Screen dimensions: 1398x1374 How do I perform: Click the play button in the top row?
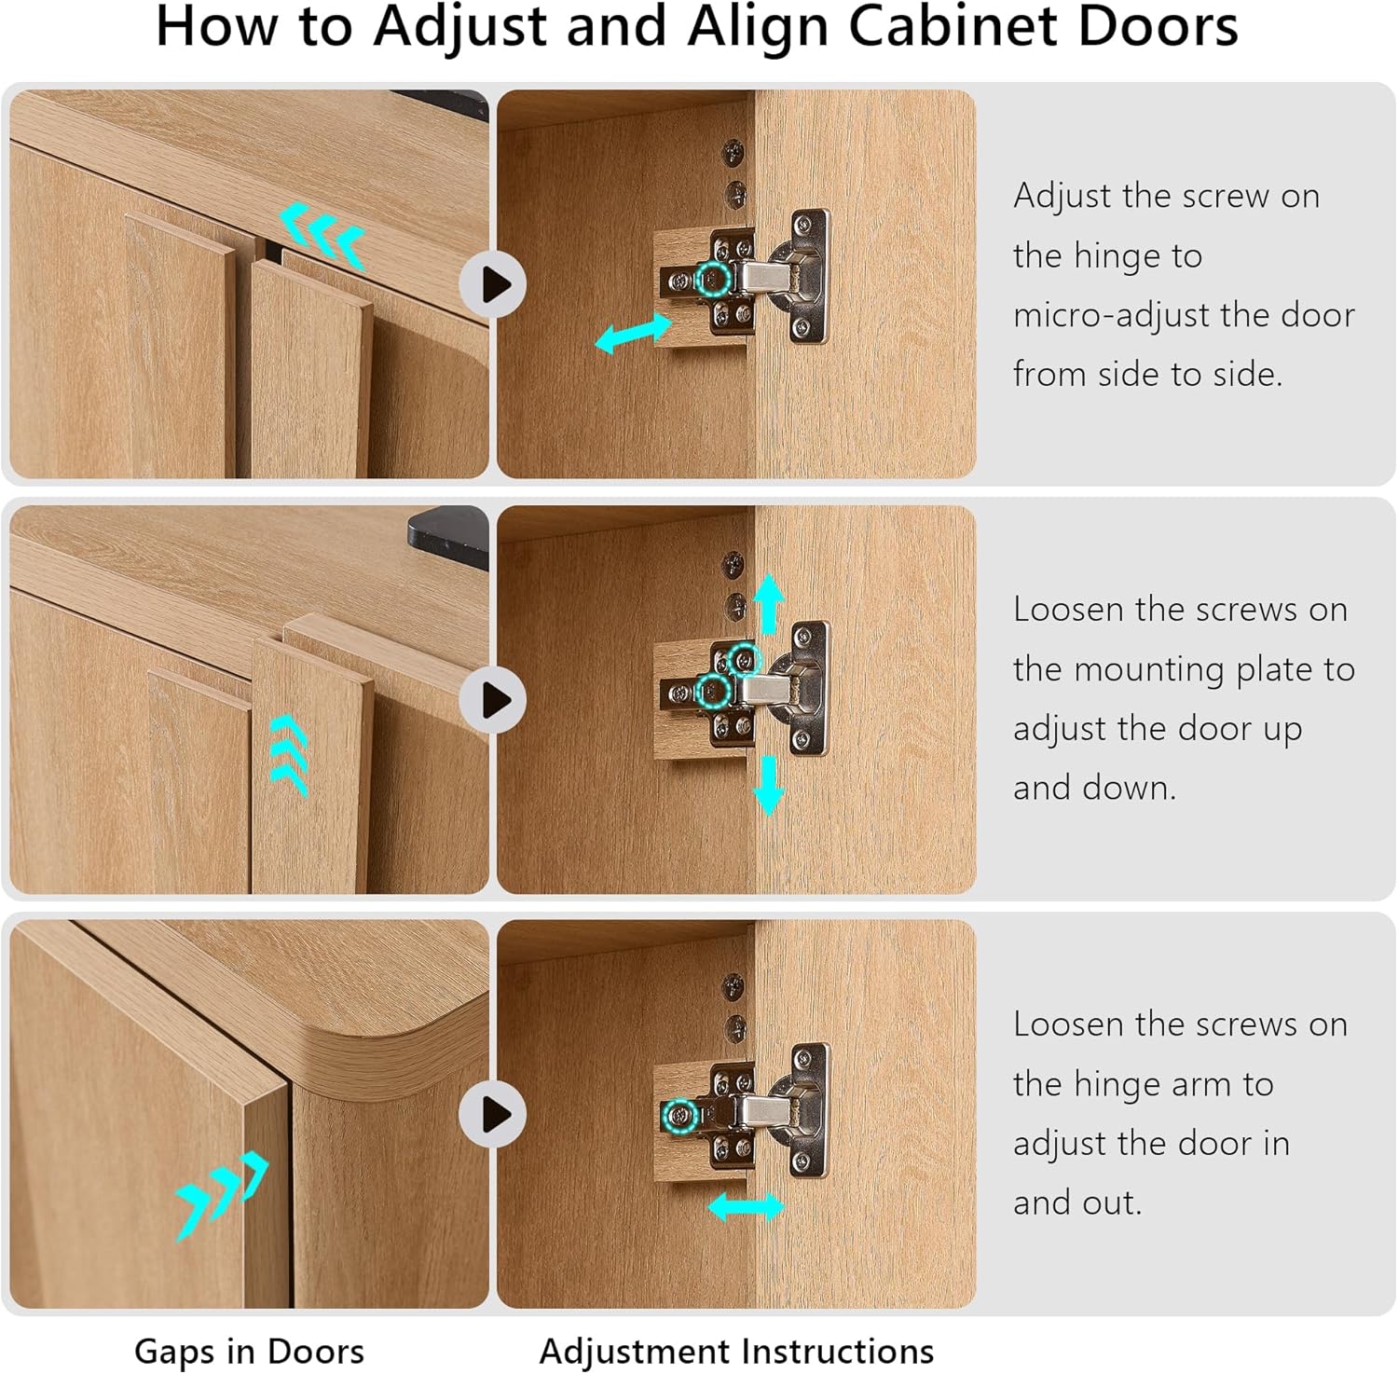tap(493, 284)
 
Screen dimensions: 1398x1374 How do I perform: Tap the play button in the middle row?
tap(493, 700)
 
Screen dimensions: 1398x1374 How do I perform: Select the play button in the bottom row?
tap(493, 1114)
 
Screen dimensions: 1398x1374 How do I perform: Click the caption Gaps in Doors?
tap(249, 1351)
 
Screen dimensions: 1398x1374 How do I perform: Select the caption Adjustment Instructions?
tap(736, 1351)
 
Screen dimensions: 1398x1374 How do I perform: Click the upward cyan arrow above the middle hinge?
tap(768, 604)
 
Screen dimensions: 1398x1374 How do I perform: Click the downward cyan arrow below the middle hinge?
tap(768, 785)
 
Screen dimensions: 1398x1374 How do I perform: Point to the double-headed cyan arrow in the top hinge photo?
tap(633, 333)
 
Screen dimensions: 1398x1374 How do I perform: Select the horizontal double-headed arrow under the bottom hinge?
tap(746, 1208)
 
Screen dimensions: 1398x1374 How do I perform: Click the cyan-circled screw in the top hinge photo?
tap(714, 279)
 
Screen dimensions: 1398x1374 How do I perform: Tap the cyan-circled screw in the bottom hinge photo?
tap(680, 1116)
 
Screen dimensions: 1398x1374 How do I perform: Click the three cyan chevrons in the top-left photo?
tap(322, 235)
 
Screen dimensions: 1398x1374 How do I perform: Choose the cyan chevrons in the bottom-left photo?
tap(222, 1196)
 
